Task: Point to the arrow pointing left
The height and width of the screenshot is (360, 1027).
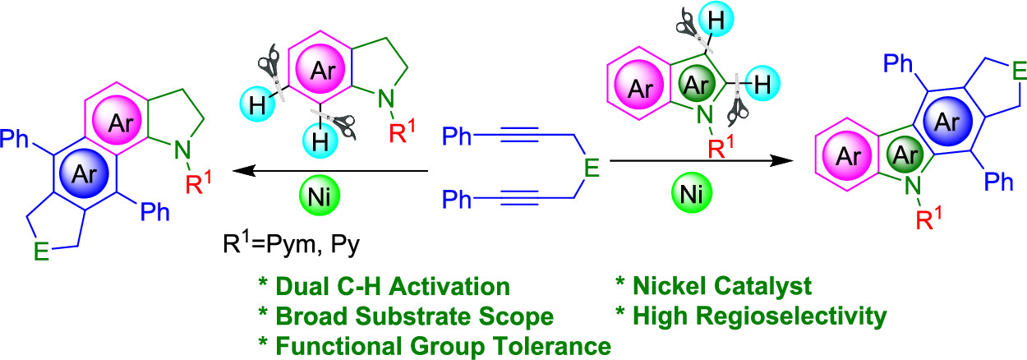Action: pyautogui.click(x=329, y=171)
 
